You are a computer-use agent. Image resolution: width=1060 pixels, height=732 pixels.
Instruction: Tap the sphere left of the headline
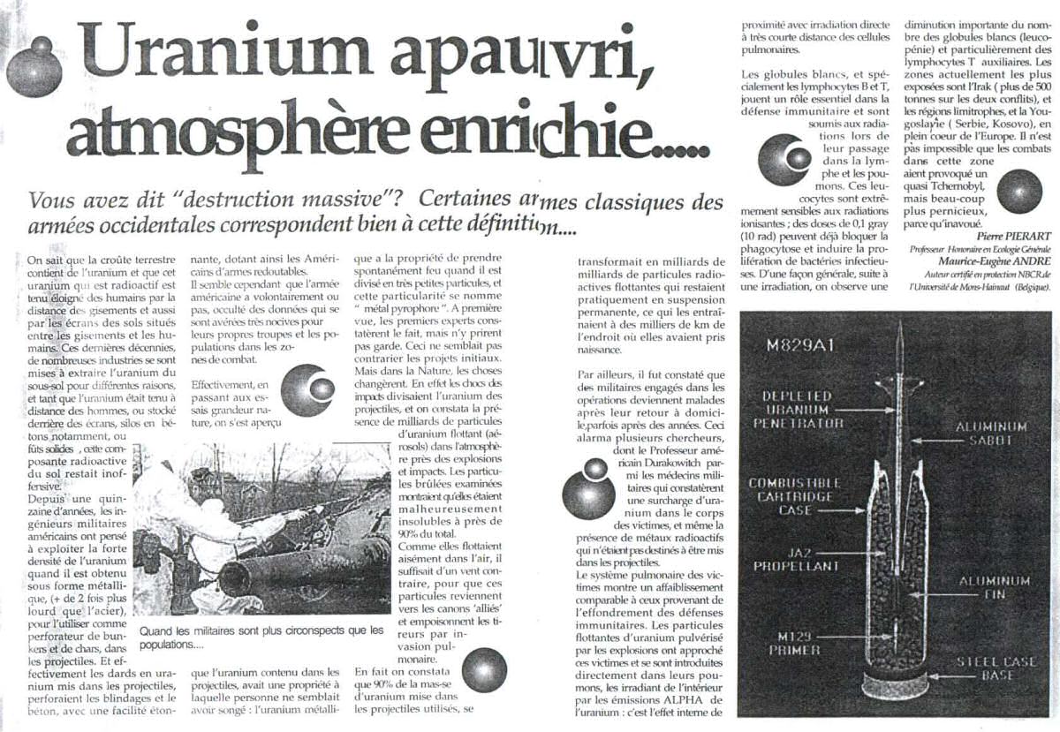(x=33, y=70)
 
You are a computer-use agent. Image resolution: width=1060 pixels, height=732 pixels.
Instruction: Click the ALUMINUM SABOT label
(x=992, y=434)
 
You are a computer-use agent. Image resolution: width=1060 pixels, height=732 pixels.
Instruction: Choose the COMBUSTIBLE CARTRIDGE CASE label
(x=792, y=496)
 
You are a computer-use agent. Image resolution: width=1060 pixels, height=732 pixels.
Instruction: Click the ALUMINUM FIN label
(x=992, y=588)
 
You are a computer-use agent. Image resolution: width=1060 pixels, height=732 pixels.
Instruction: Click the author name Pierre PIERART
(x=1013, y=236)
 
